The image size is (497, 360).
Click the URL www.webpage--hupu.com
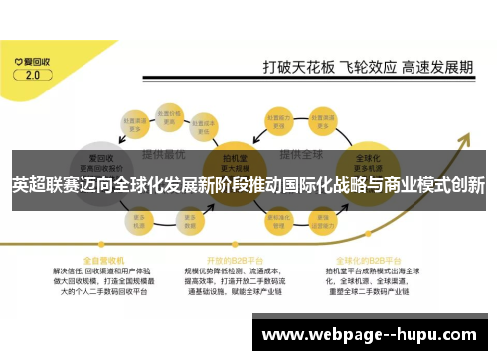369,334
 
